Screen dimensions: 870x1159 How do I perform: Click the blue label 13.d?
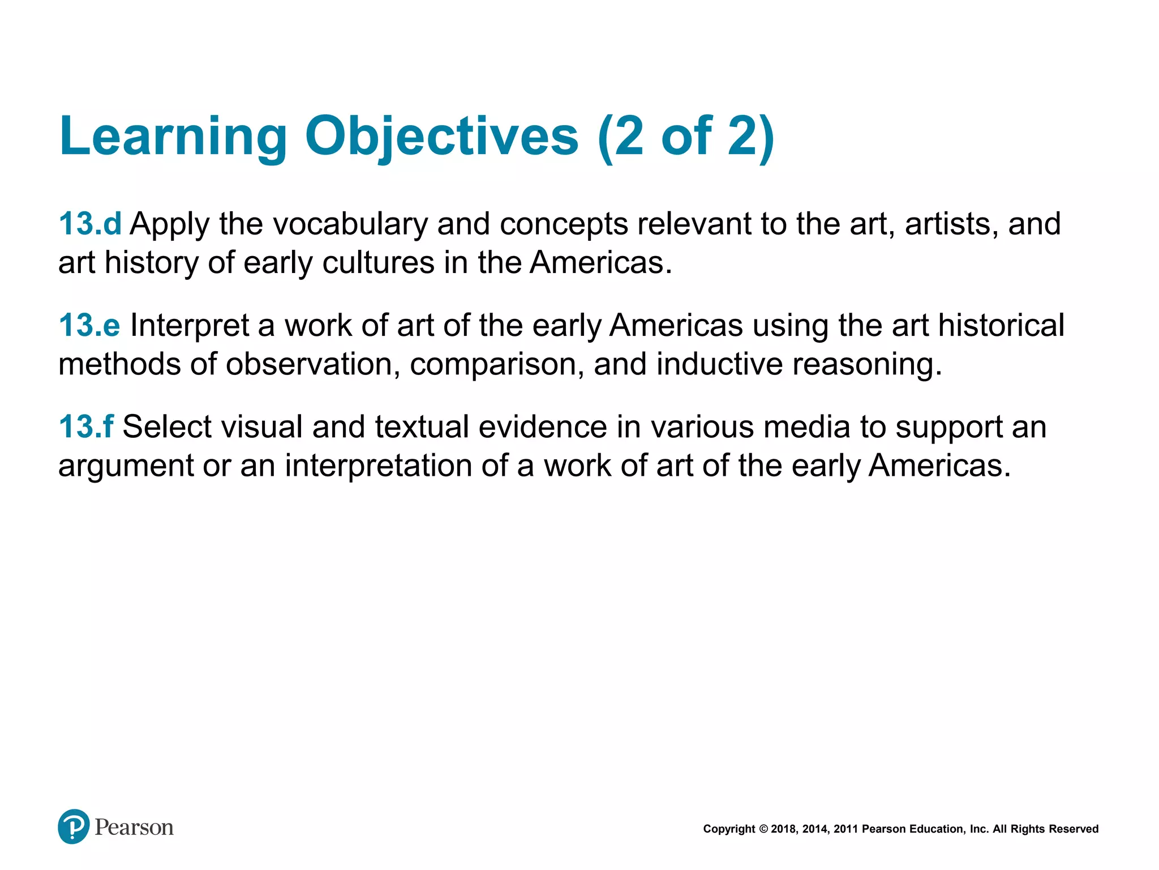tap(90, 224)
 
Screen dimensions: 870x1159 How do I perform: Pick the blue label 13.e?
tap(89, 326)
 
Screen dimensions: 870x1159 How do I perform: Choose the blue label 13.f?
tap(86, 427)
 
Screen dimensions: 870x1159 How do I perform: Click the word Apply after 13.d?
tap(170, 224)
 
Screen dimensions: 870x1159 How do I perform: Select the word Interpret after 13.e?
tap(190, 326)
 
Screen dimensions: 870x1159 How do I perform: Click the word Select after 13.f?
tap(167, 427)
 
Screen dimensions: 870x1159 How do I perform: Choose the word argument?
tap(126, 466)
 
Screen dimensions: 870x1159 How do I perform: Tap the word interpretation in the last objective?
tap(378, 466)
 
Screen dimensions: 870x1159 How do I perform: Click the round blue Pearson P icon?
tap(74, 826)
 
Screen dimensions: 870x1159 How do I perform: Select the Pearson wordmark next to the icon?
tap(134, 828)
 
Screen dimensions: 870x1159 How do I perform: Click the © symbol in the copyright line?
tap(763, 829)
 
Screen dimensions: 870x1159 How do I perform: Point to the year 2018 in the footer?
tap(784, 829)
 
